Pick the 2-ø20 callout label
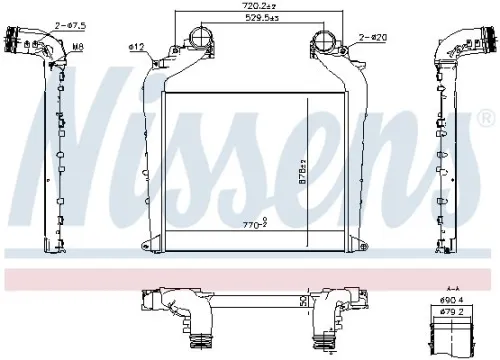click(x=372, y=37)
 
